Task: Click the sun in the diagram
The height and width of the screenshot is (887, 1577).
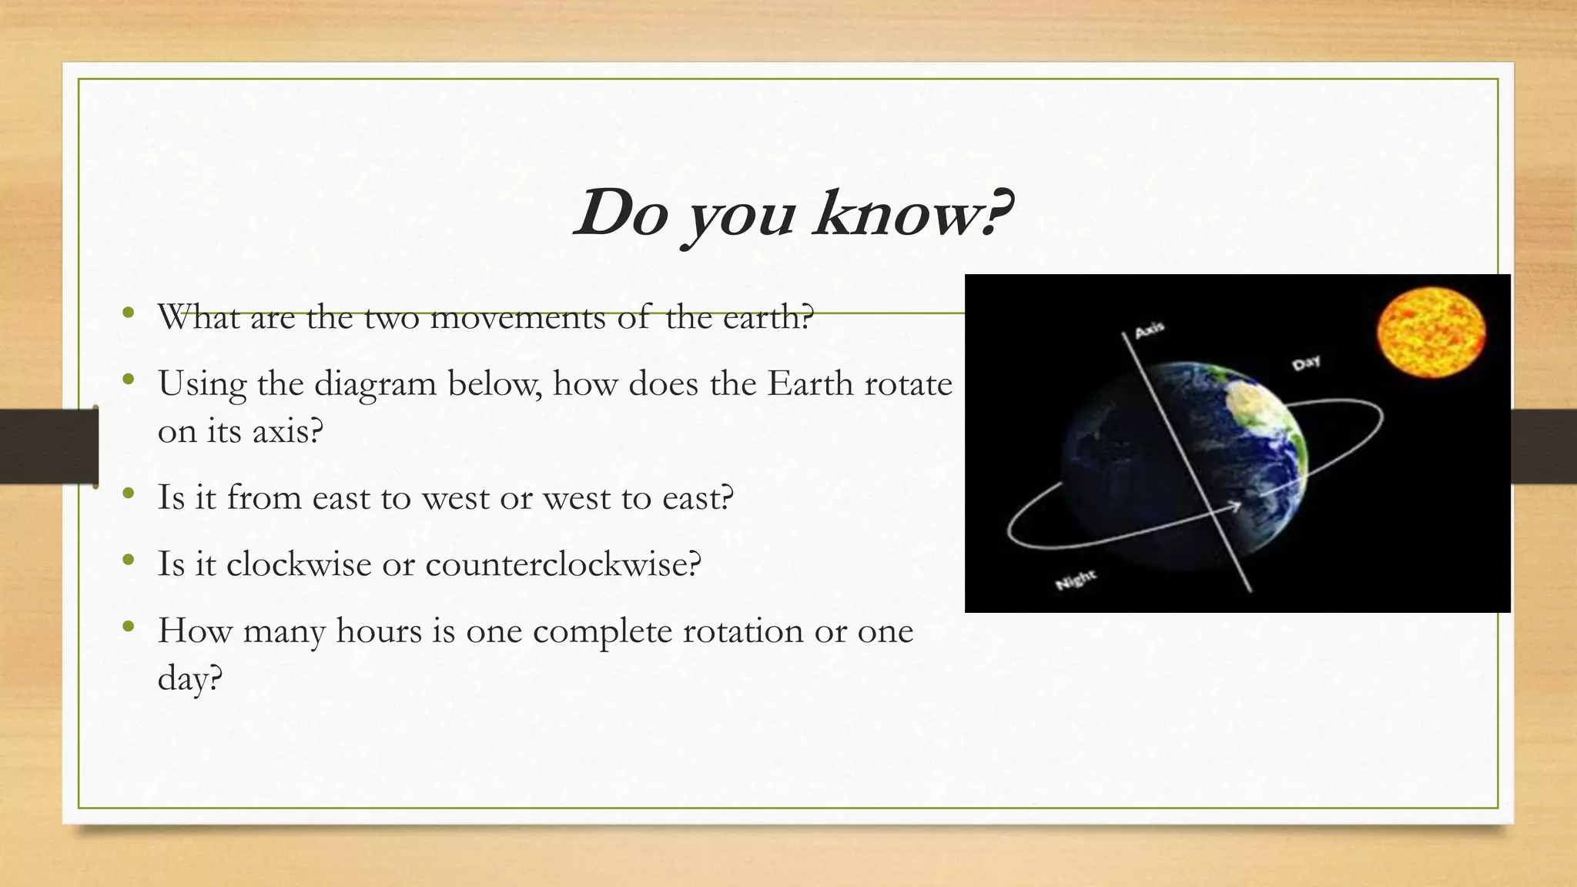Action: tap(1431, 333)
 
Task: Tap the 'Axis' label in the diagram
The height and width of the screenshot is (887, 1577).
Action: tap(1150, 330)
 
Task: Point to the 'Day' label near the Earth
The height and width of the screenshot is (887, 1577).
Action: tap(1306, 362)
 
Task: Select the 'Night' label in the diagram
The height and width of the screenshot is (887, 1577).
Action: tap(1075, 580)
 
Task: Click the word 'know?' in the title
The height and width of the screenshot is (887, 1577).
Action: tap(913, 213)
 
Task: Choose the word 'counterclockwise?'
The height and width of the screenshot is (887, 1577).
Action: tap(563, 564)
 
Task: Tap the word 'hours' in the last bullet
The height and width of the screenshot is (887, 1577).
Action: tap(379, 631)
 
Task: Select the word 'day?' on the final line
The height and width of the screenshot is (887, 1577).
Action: tap(189, 679)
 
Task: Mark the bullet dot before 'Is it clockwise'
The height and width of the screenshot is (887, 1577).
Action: tap(129, 561)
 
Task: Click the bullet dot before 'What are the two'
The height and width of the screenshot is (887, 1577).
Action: tap(129, 313)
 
